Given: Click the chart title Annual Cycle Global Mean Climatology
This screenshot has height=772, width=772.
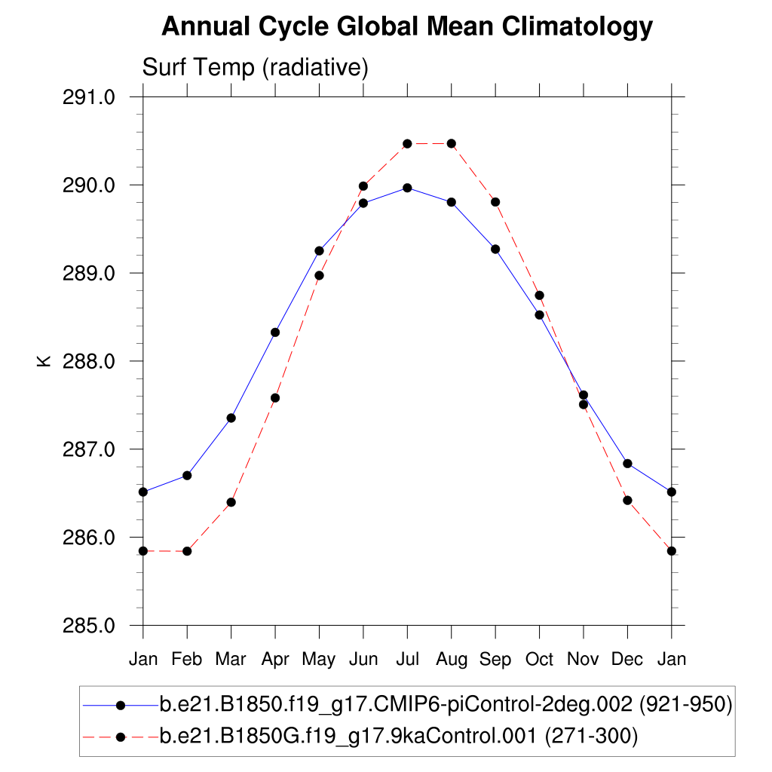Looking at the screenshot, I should pos(406,27).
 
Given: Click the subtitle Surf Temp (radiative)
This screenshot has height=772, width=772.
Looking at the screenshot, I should pos(255,68).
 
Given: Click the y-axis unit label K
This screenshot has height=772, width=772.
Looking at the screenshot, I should pos(43,361).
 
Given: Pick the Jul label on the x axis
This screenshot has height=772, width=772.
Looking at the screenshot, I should pos(407,660).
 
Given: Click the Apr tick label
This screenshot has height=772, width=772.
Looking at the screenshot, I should pos(275,660).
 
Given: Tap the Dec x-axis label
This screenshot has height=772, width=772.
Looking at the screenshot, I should pos(627,660).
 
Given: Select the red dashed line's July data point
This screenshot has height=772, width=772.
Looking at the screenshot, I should pos(407,143).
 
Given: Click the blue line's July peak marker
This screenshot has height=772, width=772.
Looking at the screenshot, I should pos(407,188).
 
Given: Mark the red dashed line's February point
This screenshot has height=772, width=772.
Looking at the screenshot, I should pos(187,551).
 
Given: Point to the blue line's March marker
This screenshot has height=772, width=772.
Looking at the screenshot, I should pos(231,418).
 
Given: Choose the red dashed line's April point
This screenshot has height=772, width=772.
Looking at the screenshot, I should pos(275,397).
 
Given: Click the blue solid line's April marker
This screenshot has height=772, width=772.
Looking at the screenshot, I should pos(275,332).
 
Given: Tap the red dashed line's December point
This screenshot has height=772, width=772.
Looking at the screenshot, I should pos(627,500).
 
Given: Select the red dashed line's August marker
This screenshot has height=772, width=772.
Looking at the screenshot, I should pos(452,143).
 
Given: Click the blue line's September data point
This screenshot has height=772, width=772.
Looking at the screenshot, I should pos(495,249).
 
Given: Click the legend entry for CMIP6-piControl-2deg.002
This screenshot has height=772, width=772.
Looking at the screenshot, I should pos(446,706).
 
